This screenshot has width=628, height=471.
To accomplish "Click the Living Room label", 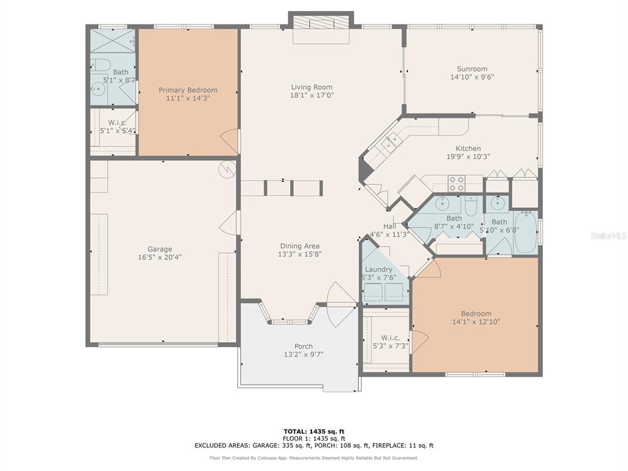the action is (x=312, y=87).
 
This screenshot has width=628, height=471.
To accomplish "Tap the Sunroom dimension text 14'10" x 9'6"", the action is (x=472, y=77).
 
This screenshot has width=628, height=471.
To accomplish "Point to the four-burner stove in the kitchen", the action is (x=456, y=183).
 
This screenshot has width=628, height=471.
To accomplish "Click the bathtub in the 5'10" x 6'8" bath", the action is (x=526, y=232).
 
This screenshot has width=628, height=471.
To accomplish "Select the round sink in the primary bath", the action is (x=98, y=89).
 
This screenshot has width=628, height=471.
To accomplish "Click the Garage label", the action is (x=160, y=249).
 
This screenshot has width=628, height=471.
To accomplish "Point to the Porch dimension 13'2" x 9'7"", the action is (x=304, y=354).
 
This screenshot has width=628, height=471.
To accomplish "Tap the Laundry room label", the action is (x=378, y=269).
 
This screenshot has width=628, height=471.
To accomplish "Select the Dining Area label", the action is (x=299, y=246).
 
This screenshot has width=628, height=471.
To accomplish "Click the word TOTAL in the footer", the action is (x=295, y=431).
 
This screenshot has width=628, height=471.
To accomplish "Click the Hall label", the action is (x=389, y=226).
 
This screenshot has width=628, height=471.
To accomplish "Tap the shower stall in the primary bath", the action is (x=113, y=40).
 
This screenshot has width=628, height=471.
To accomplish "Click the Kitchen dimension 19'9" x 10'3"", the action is (x=468, y=156).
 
